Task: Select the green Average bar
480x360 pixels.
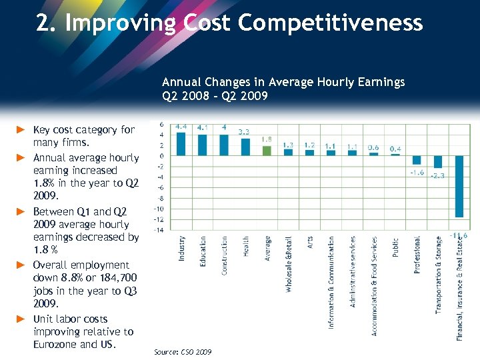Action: pos(267,150)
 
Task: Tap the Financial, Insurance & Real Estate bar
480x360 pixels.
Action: pos(459,187)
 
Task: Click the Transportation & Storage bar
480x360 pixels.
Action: pos(438,161)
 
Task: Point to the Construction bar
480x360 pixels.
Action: pos(224,145)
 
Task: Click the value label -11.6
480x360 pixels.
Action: pos(458,235)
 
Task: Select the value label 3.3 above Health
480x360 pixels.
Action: pos(245,132)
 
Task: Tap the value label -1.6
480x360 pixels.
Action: pos(417,172)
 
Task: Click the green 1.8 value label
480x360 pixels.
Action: pos(267,139)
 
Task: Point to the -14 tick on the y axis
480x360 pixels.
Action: pos(159,230)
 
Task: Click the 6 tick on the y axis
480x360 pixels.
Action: pos(161,124)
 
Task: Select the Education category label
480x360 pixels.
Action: pos(203,251)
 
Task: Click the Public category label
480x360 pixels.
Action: pos(395,248)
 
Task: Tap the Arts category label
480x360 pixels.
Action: pos(310,243)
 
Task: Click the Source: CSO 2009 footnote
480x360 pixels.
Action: pos(183,351)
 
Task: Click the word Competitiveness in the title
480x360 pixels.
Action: pos(330,23)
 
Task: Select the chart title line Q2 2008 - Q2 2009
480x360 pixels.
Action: pos(215,95)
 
